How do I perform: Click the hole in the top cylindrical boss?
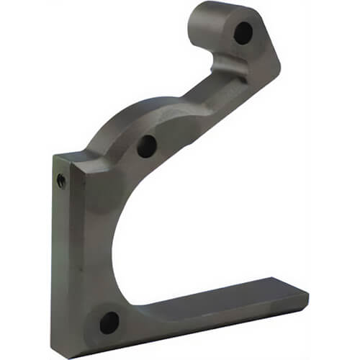coord(243,32)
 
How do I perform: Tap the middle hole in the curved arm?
coord(147,146)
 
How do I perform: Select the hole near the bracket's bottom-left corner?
coord(109,322)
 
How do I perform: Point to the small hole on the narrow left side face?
coord(61,181)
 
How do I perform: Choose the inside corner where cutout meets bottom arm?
coord(144,301)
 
